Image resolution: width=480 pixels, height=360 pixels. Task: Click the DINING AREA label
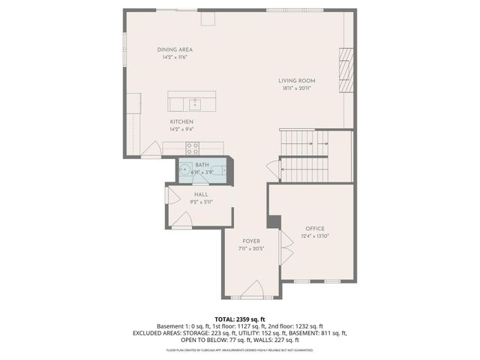coord(175,49)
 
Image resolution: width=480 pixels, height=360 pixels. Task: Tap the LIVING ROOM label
coord(296,80)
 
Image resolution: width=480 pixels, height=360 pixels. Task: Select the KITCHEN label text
coord(181,121)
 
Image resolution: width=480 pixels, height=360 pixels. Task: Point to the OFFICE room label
coord(314,228)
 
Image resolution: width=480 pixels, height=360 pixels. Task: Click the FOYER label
coord(250,241)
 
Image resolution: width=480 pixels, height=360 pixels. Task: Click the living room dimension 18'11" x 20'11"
coord(296,88)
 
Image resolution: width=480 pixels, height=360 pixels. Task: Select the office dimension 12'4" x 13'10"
coord(314,235)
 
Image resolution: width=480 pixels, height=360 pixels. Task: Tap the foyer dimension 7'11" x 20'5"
coord(250,249)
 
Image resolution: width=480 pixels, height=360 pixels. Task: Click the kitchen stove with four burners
coord(192,148)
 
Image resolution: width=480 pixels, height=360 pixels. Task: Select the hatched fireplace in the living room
coord(346,70)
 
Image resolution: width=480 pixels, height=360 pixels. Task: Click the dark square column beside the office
coord(274,222)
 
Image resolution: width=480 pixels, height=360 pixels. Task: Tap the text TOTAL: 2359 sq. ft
coord(240,319)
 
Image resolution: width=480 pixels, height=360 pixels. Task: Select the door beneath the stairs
coord(271,170)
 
